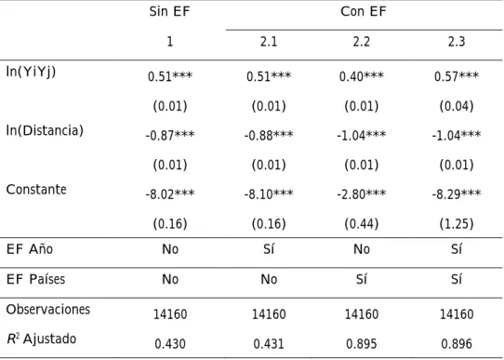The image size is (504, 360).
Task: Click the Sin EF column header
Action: (x=170, y=11)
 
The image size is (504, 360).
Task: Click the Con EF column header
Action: (x=364, y=11)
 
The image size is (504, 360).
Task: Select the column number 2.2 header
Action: (x=362, y=42)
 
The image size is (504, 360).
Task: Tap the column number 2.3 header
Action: (x=457, y=42)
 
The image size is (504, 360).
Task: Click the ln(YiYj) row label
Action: (x=31, y=72)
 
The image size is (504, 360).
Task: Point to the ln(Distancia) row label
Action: (x=45, y=130)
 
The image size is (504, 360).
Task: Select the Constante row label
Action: (x=36, y=190)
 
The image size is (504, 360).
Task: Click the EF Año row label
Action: (x=30, y=249)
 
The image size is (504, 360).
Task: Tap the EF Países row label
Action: (x=35, y=279)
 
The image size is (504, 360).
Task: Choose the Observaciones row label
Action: (x=48, y=309)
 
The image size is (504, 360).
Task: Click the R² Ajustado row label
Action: (x=42, y=339)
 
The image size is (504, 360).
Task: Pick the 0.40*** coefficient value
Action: (x=362, y=76)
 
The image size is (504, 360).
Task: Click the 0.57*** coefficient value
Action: (x=457, y=76)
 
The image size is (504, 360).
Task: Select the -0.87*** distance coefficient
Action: (x=170, y=135)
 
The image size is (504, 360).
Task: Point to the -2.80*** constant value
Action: (x=362, y=194)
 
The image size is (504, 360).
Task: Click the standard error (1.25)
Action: (x=457, y=223)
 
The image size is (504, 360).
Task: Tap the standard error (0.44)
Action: (x=362, y=223)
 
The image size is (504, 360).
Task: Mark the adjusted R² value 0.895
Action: (x=362, y=344)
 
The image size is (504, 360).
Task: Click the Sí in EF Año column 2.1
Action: (x=269, y=249)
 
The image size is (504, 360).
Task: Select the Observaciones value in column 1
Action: (x=170, y=314)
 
